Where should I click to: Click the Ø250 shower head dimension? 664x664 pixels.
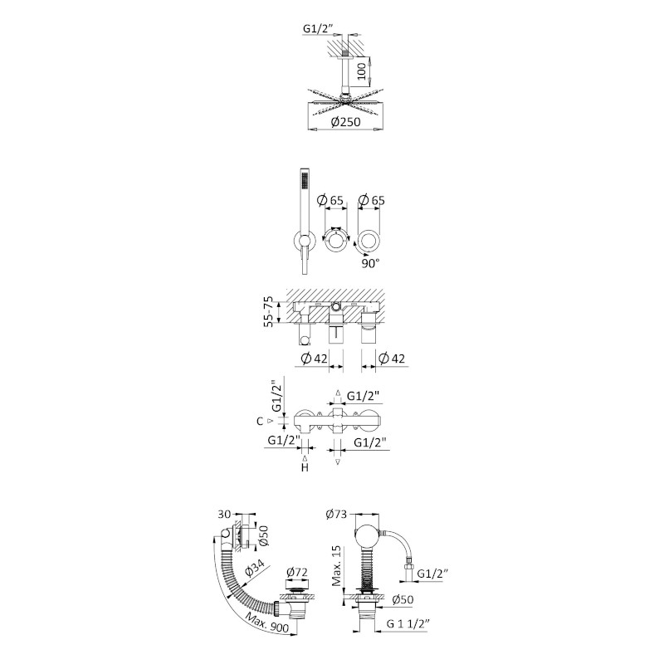coord(345,122)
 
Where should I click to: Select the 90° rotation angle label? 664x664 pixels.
coord(370,263)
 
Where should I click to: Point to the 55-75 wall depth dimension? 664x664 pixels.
coord(268,311)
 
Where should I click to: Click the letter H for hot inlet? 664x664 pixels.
coord(305,467)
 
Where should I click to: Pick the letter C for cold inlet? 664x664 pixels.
coord(260,422)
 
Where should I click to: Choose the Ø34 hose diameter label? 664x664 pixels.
coord(254,569)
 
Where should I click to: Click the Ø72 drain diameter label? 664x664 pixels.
coord(296,573)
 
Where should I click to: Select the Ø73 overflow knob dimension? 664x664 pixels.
coord(336,515)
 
